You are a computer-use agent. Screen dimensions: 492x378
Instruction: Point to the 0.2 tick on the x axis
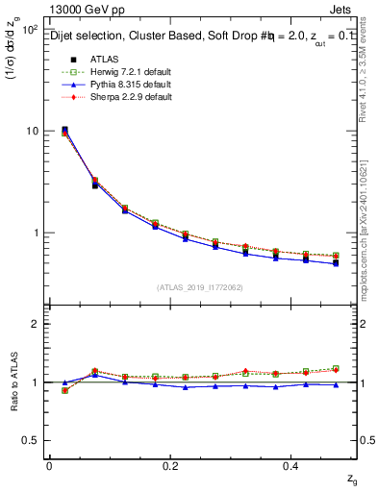point(170,465)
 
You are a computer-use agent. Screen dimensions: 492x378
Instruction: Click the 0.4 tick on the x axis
point(292,465)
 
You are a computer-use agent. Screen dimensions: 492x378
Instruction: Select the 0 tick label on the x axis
point(49,465)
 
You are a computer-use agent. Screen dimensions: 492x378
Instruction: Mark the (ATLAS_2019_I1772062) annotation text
point(200,287)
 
